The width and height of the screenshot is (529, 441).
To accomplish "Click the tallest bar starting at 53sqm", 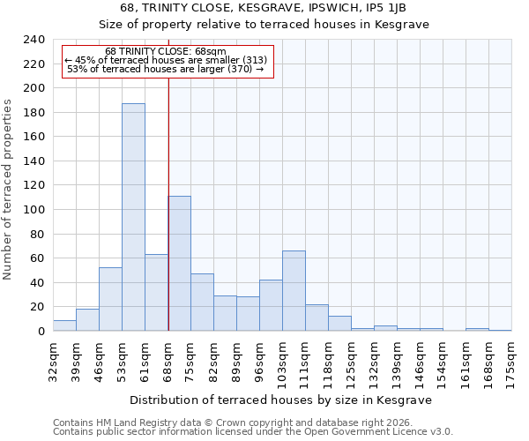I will (133, 217).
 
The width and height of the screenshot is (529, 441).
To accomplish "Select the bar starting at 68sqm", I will (179, 264).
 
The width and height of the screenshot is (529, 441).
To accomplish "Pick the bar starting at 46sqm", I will (110, 299).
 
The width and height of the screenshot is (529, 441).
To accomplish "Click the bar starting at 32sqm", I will (64, 325).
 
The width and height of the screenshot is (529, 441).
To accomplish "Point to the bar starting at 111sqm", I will (317, 318).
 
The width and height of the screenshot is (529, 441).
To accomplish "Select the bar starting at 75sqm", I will (202, 303).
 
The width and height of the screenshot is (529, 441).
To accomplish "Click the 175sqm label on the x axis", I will (511, 361).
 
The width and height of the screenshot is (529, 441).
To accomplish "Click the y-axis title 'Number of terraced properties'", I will (9, 189).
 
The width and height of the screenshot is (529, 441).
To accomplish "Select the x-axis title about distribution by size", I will (280, 400).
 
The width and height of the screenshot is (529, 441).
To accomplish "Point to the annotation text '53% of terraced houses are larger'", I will (165, 69).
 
